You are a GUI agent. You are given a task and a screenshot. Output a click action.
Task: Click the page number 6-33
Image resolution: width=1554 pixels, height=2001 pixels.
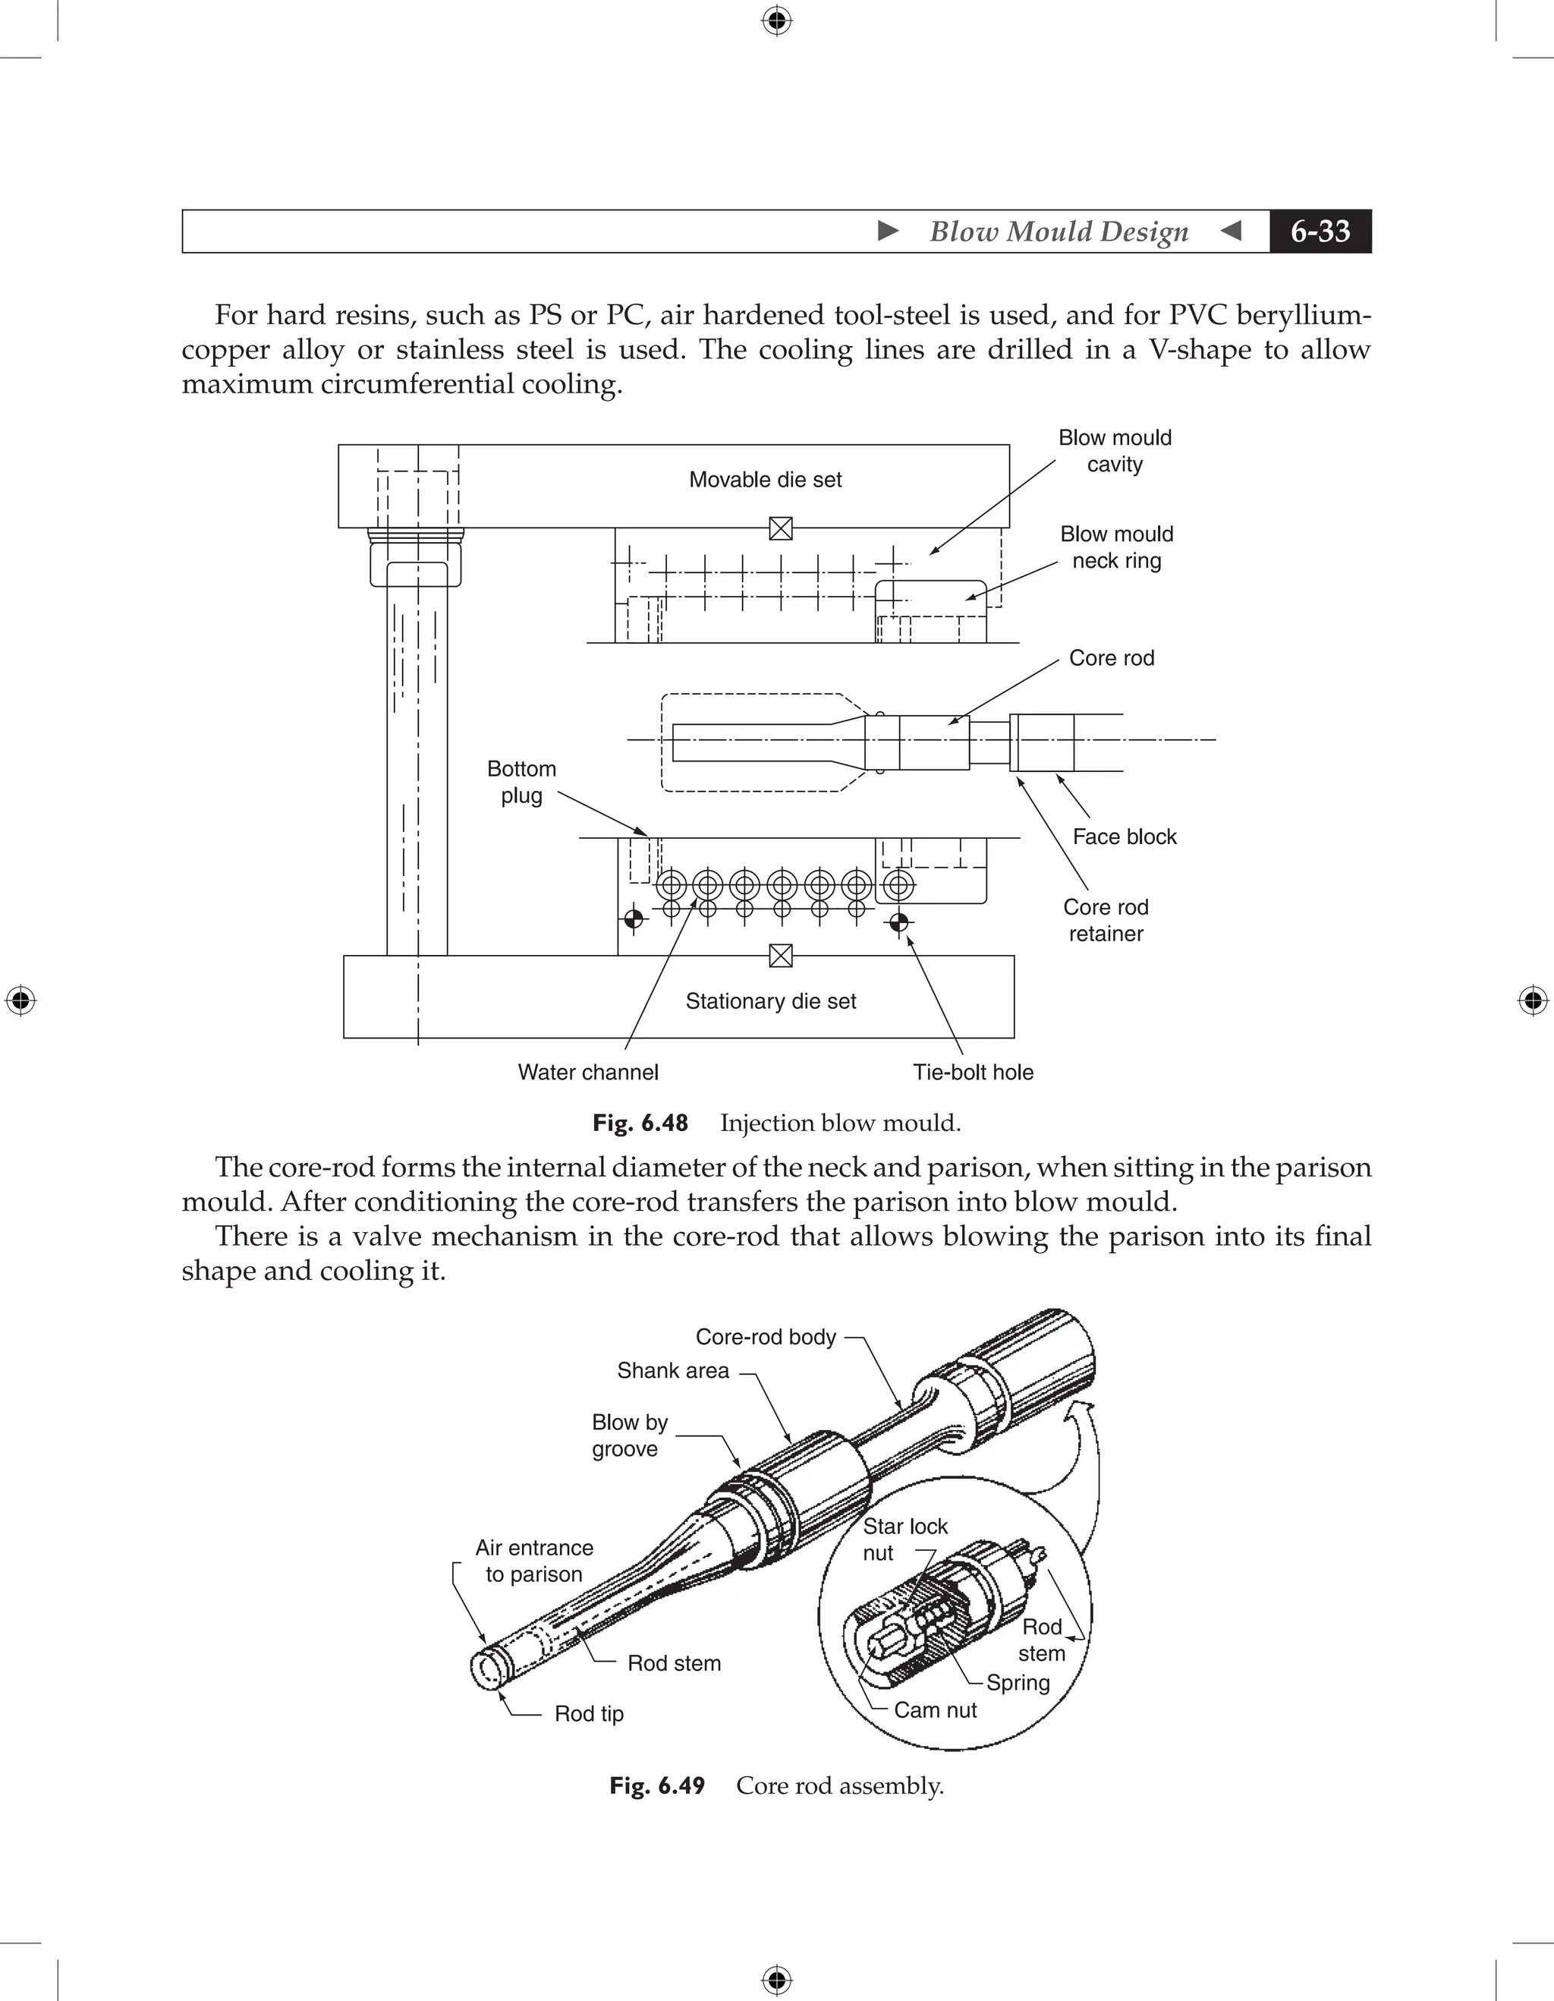click(x=1320, y=232)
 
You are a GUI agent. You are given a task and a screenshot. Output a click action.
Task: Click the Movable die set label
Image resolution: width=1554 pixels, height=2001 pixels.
click(x=765, y=480)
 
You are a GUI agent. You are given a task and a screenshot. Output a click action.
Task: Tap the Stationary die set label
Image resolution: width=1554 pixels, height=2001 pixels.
click(x=770, y=1001)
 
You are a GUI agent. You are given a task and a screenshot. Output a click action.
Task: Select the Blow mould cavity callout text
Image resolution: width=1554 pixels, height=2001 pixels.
click(x=1115, y=451)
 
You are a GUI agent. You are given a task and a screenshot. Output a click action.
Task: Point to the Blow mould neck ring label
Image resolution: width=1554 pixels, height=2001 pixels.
click(x=1116, y=547)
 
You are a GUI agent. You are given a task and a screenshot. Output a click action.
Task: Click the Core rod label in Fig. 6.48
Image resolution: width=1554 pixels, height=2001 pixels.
click(x=1111, y=658)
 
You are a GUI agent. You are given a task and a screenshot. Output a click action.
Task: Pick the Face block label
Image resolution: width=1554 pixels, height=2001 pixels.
click(x=1124, y=837)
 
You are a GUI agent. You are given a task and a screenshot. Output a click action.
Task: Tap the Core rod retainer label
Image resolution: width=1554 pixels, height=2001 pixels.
click(x=1106, y=920)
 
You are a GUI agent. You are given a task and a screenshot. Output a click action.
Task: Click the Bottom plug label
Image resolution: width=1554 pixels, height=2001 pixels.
click(x=521, y=782)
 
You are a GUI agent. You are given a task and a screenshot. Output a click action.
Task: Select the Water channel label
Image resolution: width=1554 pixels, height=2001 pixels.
click(x=588, y=1072)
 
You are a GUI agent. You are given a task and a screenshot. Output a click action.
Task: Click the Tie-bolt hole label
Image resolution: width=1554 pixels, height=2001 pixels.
click(x=973, y=1072)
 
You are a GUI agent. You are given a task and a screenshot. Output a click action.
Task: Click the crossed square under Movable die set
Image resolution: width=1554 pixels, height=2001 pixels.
click(x=780, y=528)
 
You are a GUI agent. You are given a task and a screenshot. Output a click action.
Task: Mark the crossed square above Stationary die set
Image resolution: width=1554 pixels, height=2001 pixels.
click(x=780, y=956)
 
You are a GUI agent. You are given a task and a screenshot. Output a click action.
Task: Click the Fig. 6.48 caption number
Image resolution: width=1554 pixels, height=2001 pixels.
click(x=640, y=1123)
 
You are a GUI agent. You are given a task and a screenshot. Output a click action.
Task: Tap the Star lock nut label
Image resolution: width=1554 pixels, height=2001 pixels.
click(x=904, y=1539)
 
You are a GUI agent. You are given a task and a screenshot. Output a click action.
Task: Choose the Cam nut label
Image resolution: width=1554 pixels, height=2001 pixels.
click(x=935, y=1710)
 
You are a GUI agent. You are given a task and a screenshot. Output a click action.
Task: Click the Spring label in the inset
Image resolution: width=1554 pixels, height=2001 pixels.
click(x=1018, y=1683)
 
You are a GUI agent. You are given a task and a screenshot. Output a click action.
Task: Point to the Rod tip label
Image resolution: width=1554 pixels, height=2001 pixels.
click(x=589, y=1714)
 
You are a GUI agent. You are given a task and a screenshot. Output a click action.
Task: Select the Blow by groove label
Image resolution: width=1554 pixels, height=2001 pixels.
click(x=629, y=1435)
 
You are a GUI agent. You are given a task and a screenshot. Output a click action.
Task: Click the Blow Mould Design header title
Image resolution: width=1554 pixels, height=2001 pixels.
click(x=1059, y=232)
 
